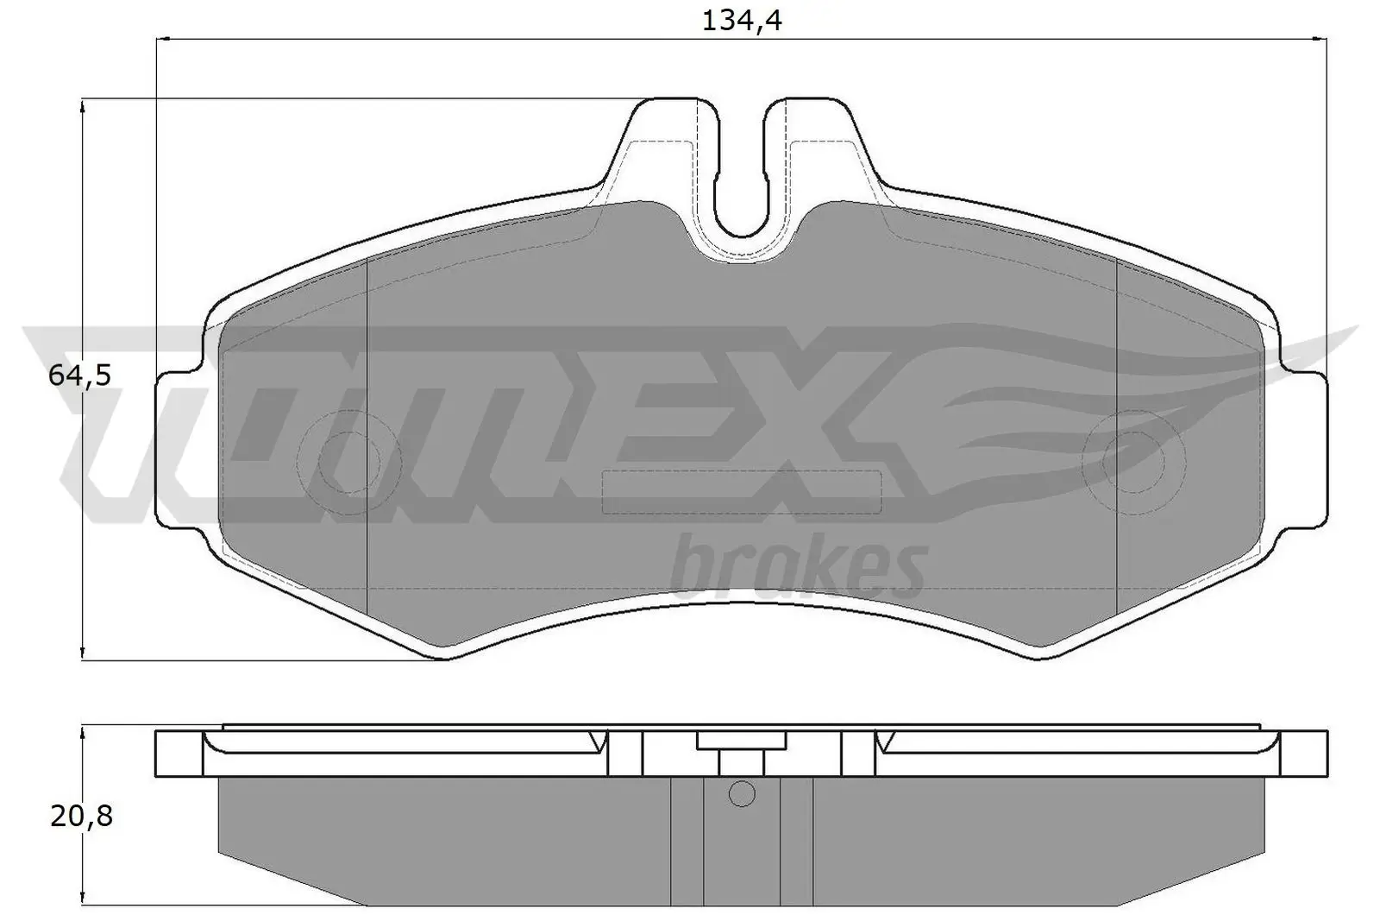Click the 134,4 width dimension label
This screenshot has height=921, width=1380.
coord(741,20)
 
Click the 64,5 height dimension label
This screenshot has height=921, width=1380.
coord(79,375)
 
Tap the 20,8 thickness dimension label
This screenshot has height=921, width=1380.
coord(81,816)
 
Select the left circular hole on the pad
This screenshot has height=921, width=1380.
coord(349,464)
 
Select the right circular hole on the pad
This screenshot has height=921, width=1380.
coord(1133,464)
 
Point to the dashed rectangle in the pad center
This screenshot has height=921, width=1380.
coord(741,493)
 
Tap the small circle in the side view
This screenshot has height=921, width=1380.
coord(742,793)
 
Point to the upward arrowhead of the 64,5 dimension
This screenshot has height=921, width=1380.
coord(82,106)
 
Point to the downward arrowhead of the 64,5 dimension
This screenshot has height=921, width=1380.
coord(82,653)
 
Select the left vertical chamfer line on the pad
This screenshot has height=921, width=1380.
coord(367,432)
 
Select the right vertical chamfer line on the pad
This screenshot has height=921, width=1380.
coord(1117,432)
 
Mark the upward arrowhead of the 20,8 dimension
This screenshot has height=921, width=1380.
coord(82,732)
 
